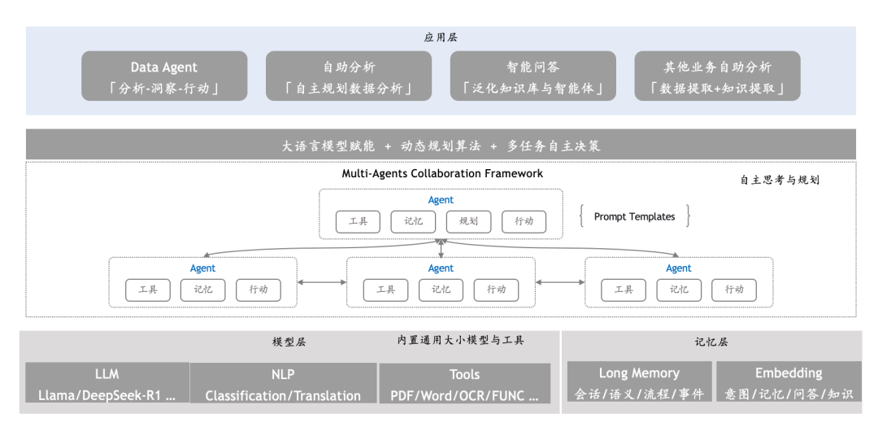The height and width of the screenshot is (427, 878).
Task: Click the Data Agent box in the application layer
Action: coord(164,76)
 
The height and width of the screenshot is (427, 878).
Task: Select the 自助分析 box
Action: coord(349,76)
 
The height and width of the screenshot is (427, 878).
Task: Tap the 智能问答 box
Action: coord(532,76)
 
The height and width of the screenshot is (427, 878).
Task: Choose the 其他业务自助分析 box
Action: coord(717,76)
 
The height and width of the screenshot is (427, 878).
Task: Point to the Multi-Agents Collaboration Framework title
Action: coord(442,174)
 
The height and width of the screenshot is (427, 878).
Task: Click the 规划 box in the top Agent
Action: coord(468,221)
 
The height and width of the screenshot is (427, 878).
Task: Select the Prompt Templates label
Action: coord(634,216)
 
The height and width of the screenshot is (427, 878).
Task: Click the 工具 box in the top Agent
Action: coord(358,221)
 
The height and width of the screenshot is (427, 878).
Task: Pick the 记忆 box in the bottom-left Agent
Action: coord(202,290)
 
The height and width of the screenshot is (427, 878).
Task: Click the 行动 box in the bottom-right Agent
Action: coord(733,290)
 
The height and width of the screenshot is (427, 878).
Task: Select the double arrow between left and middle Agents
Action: coord(322,282)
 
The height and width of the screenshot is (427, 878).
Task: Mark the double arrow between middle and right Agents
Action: coord(560,282)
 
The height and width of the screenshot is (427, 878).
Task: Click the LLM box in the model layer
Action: coord(106,384)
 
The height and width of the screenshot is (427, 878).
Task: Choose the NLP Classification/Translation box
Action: coord(283,384)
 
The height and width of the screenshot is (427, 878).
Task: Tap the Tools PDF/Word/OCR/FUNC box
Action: coord(464,384)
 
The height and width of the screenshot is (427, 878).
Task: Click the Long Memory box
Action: coord(639,382)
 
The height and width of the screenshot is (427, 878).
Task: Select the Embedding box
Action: coord(788,382)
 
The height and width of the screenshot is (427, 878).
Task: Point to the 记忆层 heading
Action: coord(711,342)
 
